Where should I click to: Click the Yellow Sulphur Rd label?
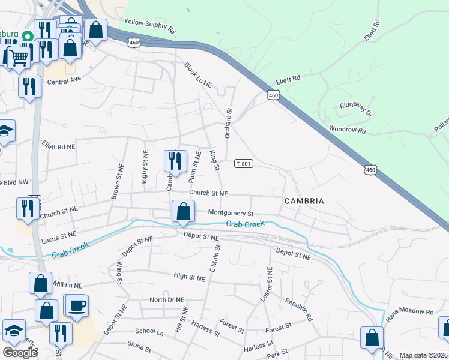(149, 26)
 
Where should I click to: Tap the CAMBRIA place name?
(304, 201)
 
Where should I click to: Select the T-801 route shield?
(243, 164)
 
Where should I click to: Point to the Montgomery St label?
(231, 213)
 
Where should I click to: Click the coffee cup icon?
(76, 305)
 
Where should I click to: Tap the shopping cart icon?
(18, 58)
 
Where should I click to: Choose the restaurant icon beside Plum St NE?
(175, 161)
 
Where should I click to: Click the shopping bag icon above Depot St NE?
(183, 211)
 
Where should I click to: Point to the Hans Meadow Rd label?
(409, 312)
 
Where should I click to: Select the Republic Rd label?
(299, 308)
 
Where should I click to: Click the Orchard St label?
(228, 123)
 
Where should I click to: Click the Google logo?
(20, 353)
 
